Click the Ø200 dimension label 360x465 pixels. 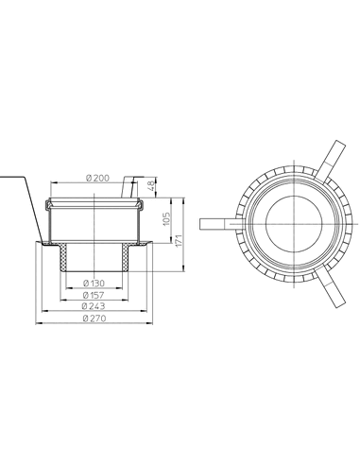click(x=97, y=179)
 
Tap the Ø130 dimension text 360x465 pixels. click(x=94, y=284)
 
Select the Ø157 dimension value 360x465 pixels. click(x=94, y=296)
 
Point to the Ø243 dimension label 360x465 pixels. click(x=94, y=306)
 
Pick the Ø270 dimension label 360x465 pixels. click(x=94, y=319)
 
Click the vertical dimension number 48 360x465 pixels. click(x=151, y=185)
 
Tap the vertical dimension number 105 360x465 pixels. click(x=166, y=218)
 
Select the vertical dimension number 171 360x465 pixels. click(x=179, y=241)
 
